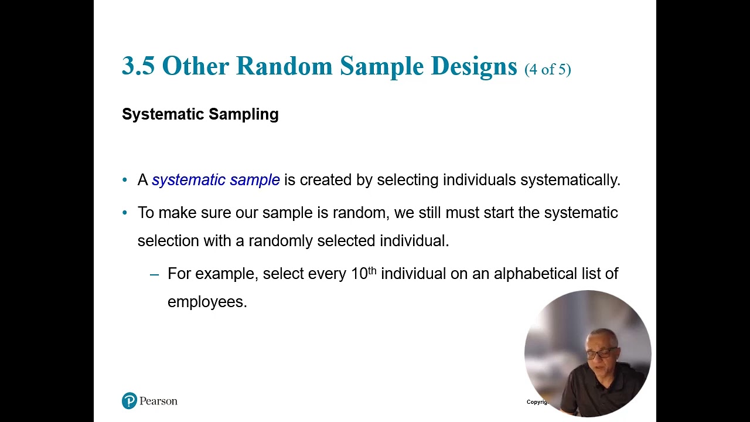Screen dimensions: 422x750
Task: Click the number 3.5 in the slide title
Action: [x=138, y=66]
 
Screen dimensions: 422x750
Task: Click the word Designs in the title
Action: [x=473, y=66]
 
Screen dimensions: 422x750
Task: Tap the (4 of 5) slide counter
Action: [x=547, y=69]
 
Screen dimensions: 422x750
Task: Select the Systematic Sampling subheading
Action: [x=200, y=114]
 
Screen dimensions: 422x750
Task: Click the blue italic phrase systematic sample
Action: [x=216, y=180]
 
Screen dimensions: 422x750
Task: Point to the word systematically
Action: [x=570, y=180]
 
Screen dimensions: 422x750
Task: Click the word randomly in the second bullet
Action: [x=281, y=241]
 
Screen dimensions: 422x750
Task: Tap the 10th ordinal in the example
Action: [x=363, y=273]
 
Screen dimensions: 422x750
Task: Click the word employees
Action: [x=207, y=302]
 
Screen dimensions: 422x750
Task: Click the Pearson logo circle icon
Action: [x=129, y=401]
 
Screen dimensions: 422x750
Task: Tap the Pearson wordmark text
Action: [x=158, y=401]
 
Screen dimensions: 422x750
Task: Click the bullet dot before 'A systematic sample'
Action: [x=125, y=181]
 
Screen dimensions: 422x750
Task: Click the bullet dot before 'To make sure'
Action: [x=125, y=213]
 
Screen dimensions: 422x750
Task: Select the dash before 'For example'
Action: [x=155, y=274]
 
